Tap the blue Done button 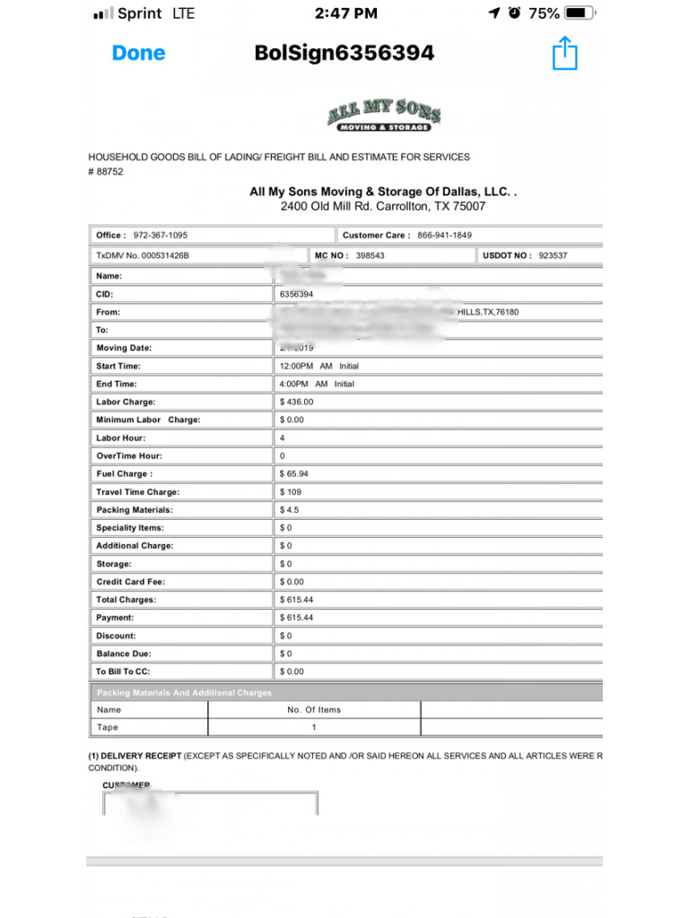[x=138, y=53]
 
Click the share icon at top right [x=564, y=53]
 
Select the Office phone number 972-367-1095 [x=161, y=235]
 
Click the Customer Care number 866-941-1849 [x=444, y=235]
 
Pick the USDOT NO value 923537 [x=553, y=255]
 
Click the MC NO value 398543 [x=371, y=255]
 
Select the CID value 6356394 [x=297, y=294]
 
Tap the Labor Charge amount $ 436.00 [x=297, y=402]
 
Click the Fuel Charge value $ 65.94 [x=294, y=473]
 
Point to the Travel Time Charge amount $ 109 [x=291, y=491]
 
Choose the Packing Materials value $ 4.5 [x=290, y=509]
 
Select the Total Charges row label [x=126, y=600]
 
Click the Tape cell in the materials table [x=108, y=727]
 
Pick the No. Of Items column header [x=314, y=709]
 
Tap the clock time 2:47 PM [x=346, y=13]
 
